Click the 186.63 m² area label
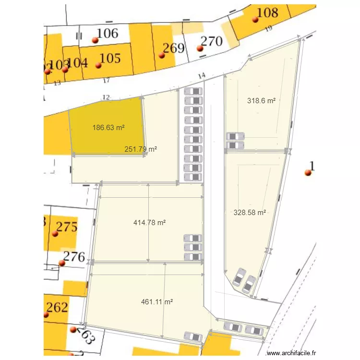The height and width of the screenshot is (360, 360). tap(108, 128)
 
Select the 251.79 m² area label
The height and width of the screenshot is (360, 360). tap(141, 149)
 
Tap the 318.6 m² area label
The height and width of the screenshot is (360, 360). tap(262, 101)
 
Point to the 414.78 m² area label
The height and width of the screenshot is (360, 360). tap(149, 223)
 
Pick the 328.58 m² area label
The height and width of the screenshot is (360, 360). tap(250, 212)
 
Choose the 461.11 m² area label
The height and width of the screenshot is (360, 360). tap(157, 302)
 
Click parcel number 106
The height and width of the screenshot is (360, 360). tap(107, 33)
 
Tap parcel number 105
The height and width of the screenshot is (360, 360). tap(110, 58)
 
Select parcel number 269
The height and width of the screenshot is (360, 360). tap(173, 48)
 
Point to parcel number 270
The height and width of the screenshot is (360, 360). tap(211, 41)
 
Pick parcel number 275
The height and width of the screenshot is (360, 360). tap(67, 227)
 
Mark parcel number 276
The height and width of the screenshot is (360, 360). tap(74, 257)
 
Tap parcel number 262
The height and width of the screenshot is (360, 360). tap(57, 307)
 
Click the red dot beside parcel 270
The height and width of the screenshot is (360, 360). tap(200, 48)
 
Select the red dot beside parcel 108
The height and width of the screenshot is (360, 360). tap(255, 20)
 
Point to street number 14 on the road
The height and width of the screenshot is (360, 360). tap(202, 75)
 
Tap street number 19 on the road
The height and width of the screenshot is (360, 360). tap(268, 28)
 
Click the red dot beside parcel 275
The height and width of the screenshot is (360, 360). tap(55, 234)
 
